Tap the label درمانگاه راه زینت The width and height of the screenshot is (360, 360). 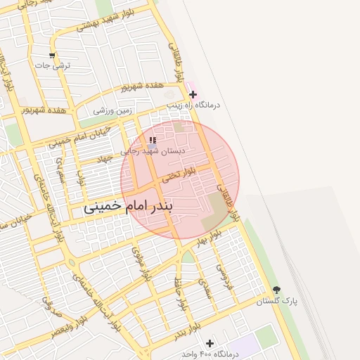click(193, 105)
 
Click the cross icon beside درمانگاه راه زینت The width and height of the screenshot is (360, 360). click(193, 94)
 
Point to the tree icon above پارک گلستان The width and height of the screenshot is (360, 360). click(276, 289)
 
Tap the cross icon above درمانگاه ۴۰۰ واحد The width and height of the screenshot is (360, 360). click(209, 342)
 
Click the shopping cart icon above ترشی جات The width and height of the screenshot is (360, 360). click(52, 55)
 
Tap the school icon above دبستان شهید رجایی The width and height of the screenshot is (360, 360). click(153, 141)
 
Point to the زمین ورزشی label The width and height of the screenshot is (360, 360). click(112, 110)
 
